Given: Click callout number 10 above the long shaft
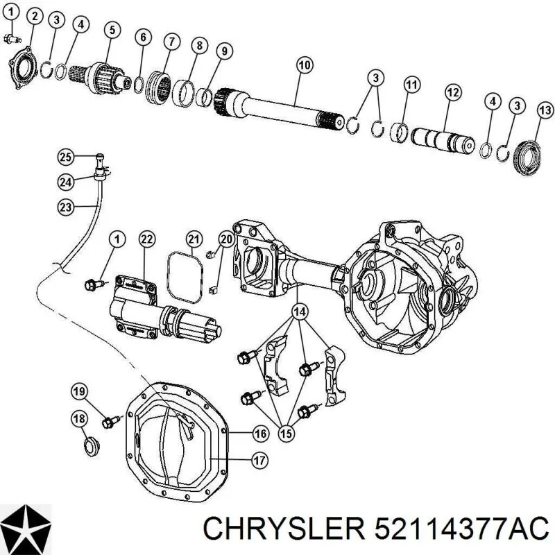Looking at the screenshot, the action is pos(305,65).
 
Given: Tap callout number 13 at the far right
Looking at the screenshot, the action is pos(545,110).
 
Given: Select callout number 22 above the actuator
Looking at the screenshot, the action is pos(147,239).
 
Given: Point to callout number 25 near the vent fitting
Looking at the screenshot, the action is pos(66,157).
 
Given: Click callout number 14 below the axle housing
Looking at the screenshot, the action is pos(300,311).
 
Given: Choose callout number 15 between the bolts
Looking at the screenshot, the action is pos(287,432).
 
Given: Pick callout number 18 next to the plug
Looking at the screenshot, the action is pos(79,419).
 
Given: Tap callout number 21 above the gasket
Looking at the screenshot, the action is pos(194,239).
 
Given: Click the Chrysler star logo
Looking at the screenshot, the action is pos(26,529).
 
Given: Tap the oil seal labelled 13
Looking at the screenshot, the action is pos(527,158).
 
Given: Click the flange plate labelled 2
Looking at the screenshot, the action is pos(22,67).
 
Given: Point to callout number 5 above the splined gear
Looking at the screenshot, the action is pos(112,29).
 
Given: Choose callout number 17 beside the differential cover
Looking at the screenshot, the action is pos(259,461).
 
